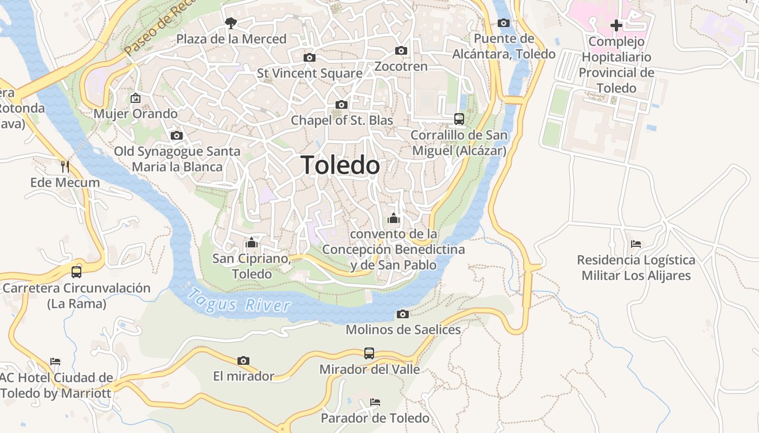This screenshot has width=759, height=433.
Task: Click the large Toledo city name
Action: tap(340, 165)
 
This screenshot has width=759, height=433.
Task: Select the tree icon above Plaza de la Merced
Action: tap(231, 23)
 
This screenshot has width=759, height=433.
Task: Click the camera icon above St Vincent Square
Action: tap(309, 57)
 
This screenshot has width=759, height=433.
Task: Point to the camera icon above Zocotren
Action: tap(401, 50)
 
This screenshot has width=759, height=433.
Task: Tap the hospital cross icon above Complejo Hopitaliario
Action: tap(616, 25)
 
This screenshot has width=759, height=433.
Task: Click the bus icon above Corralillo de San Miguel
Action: tap(459, 119)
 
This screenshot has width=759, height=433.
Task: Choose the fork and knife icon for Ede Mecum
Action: tap(65, 166)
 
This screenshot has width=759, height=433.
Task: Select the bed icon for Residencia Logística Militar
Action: tap(636, 244)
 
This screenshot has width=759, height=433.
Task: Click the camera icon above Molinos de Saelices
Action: tap(402, 314)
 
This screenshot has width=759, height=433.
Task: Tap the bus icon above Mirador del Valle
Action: tap(369, 353)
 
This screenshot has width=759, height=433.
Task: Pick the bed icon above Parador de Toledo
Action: tap(375, 402)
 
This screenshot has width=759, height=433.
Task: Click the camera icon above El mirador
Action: tap(243, 360)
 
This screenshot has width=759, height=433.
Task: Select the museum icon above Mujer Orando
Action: tap(135, 98)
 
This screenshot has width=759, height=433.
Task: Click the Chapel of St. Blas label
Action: tap(342, 120)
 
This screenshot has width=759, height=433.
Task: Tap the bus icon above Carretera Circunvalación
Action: tap(76, 272)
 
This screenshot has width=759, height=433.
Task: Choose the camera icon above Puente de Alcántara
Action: tap(504, 23)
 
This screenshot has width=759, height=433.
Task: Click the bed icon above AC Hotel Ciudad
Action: tap(55, 362)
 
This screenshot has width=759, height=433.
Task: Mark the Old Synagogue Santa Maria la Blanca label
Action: tap(177, 159)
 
